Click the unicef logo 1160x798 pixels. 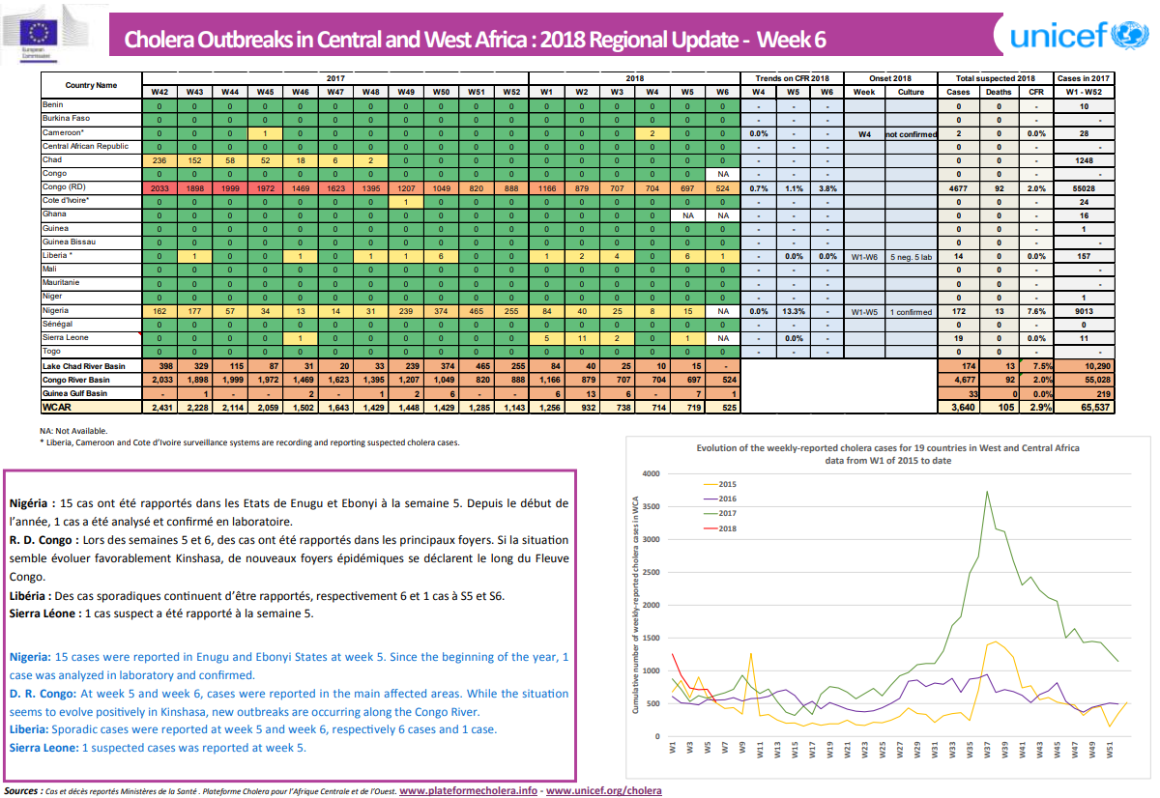point(1073,37)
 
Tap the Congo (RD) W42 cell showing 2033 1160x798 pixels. point(159,186)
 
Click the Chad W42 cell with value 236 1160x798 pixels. point(159,159)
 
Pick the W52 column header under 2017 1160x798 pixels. point(510,92)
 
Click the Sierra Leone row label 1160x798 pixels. point(65,338)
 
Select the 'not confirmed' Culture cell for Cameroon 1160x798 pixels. point(911,132)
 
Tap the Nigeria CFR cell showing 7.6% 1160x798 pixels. point(1036,311)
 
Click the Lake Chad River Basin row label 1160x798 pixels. point(83,366)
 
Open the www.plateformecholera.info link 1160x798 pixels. point(468,790)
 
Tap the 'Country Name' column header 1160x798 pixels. point(91,85)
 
